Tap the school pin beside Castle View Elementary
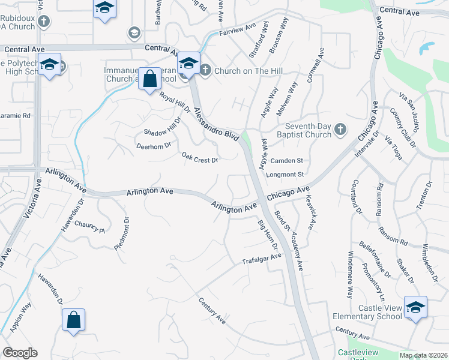point(415,308)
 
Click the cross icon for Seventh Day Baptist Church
point(340,129)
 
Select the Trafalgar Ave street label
point(261,259)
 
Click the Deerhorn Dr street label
point(154,145)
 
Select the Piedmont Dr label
point(122,238)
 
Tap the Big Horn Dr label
point(268,236)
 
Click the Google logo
point(20,353)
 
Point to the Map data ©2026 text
point(423,355)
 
